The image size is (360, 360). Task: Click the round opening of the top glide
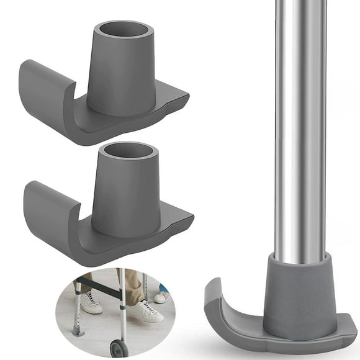(x=124, y=32)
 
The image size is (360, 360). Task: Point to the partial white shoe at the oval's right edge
(x=163, y=296)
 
